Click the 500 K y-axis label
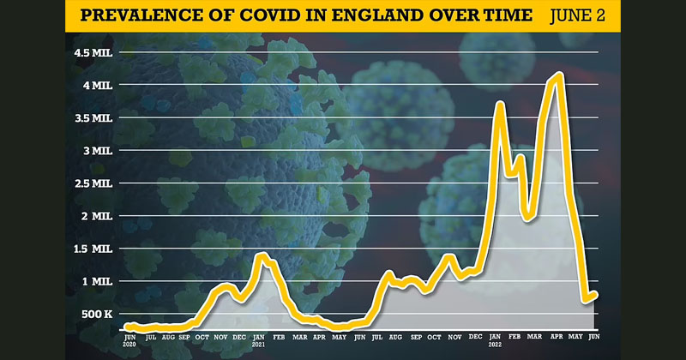tap(93, 315)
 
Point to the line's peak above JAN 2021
tap(261, 255)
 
